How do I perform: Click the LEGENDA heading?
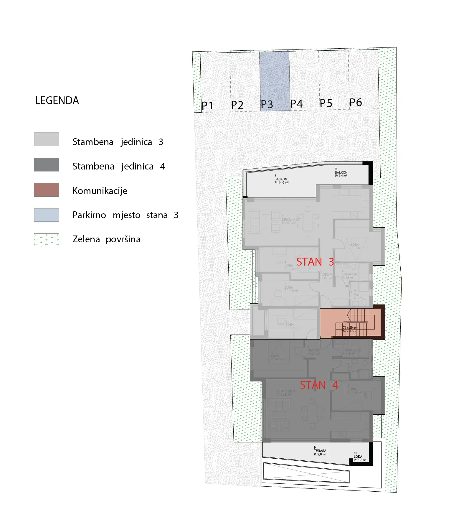pos(57,101)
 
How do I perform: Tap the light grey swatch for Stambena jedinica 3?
pos(47,139)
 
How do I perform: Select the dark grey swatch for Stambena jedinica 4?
pos(47,164)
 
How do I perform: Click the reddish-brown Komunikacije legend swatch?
pos(47,190)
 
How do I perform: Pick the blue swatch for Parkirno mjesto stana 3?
pos(47,215)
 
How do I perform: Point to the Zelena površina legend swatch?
pos(47,240)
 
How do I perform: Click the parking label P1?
pos(207,106)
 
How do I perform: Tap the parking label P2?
pos(237,105)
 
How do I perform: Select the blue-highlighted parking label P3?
pos(267,104)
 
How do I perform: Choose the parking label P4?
pos(296,104)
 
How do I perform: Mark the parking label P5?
pos(326,103)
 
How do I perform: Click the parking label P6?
pos(356,103)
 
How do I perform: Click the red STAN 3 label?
pos(315,262)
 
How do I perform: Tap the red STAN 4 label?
pos(319,385)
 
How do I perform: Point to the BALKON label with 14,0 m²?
pos(281,180)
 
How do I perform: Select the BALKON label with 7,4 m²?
pos(341,173)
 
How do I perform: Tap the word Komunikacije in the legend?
pos(100,191)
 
